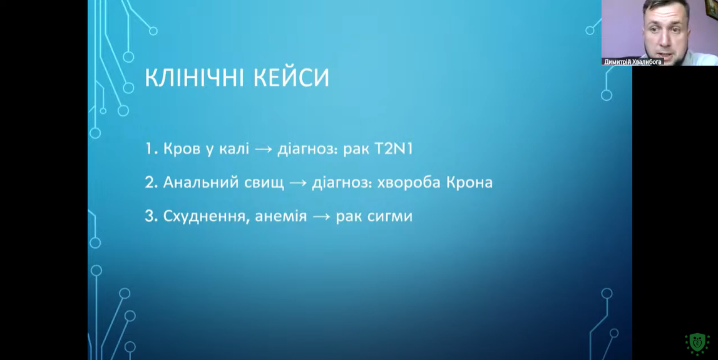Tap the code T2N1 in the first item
coord(393,149)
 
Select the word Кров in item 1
coord(182,150)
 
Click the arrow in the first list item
coord(264,150)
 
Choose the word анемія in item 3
coord(280,217)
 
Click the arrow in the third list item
coord(322,217)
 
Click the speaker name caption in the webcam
coord(633,62)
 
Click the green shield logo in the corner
coord(697,344)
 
